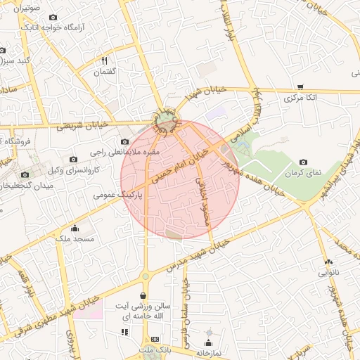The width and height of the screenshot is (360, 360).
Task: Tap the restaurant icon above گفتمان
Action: (x=104, y=60)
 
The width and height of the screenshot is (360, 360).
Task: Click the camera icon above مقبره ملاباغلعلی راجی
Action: (x=125, y=141)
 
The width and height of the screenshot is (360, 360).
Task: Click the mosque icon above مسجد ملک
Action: (x=75, y=228)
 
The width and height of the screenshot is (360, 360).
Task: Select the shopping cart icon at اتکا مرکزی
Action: (x=300, y=87)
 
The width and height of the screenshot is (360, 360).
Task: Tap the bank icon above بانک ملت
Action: (x=155, y=339)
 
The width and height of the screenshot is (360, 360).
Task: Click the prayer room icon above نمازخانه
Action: (x=208, y=333)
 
